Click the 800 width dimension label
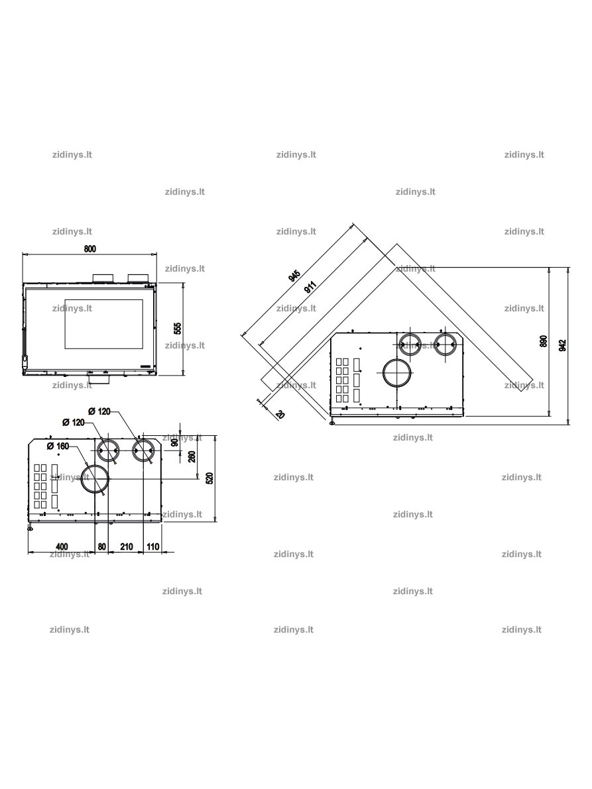click(x=89, y=248)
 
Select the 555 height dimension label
click(x=177, y=328)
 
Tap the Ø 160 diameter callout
click(x=58, y=447)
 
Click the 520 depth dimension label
click(x=210, y=478)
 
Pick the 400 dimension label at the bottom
click(x=62, y=547)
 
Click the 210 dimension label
click(x=127, y=547)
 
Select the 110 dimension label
click(x=152, y=547)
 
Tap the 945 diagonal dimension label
click(x=294, y=276)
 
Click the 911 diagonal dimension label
click(x=310, y=287)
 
